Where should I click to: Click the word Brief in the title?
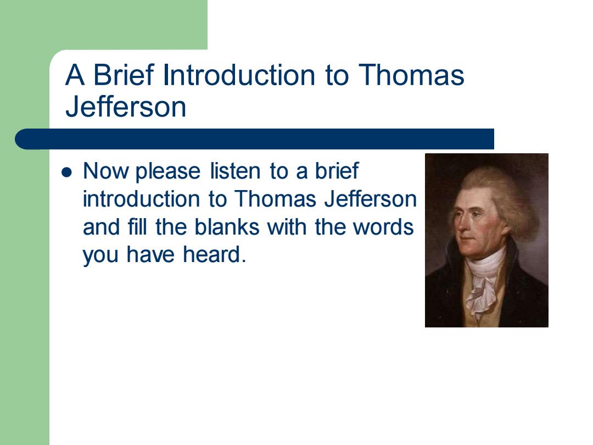pos(124,75)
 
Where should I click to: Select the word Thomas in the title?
pos(411,75)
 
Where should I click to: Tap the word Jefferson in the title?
pos(126,107)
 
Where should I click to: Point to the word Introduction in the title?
pos(239,75)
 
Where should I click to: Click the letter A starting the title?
pos(75,75)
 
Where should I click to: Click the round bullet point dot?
pos(66,173)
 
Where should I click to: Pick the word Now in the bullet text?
pos(106,171)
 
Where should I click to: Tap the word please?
pos(168,172)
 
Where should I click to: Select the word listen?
pos(235,171)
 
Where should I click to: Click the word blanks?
pos(227,227)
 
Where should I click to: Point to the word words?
pos(383,227)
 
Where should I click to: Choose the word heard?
pos(215,254)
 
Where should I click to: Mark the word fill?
pos(137,227)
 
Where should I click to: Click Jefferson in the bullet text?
pos(371,199)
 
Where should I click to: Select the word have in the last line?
pos(150,254)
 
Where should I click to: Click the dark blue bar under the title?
pos(255,139)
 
